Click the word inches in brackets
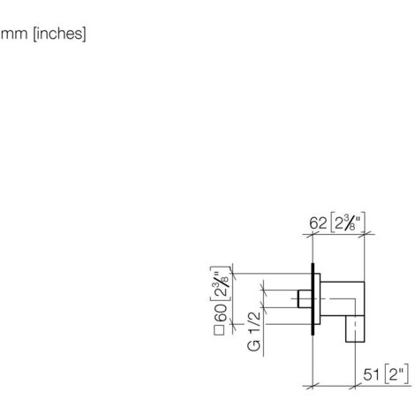pyautogui.click(x=57, y=36)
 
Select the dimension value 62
pyautogui.click(x=319, y=223)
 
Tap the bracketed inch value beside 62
pyautogui.click(x=348, y=223)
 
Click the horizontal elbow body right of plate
pyautogui.click(x=339, y=294)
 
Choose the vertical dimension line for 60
pyautogui.click(x=231, y=300)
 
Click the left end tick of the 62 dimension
pyautogui.click(x=313, y=234)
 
